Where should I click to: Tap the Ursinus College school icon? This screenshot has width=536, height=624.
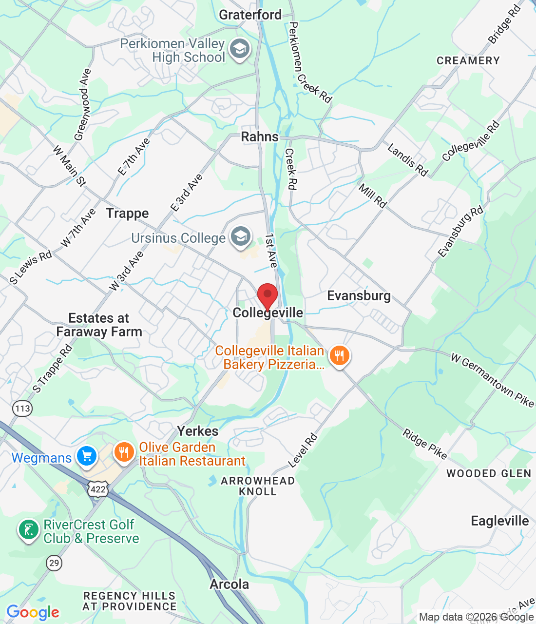pyautogui.click(x=241, y=237)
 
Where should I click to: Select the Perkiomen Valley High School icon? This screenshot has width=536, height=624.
pyautogui.click(x=240, y=49)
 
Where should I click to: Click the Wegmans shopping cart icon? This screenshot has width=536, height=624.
pyautogui.click(x=87, y=457)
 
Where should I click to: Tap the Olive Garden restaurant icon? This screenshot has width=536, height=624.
pyautogui.click(x=124, y=452)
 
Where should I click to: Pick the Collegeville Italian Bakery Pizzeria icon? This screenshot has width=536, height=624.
pyautogui.click(x=340, y=356)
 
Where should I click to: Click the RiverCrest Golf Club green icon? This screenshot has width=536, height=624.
pyautogui.click(x=29, y=530)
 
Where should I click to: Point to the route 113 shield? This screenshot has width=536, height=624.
pyautogui.click(x=22, y=409)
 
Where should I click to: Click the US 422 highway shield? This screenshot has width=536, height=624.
pyautogui.click(x=98, y=489)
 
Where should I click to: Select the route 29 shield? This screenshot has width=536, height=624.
pyautogui.click(x=54, y=563)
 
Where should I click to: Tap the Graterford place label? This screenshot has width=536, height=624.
pyautogui.click(x=250, y=15)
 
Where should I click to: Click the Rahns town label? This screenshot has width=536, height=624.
pyautogui.click(x=260, y=136)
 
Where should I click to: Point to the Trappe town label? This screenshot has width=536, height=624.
pyautogui.click(x=128, y=214)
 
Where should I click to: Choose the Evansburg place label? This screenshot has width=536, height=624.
pyautogui.click(x=359, y=296)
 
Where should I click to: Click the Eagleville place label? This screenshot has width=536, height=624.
pyautogui.click(x=499, y=521)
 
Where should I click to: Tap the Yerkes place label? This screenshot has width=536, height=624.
pyautogui.click(x=198, y=431)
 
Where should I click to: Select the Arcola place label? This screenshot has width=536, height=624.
pyautogui.click(x=229, y=584)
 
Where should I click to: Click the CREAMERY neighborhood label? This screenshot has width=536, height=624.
pyautogui.click(x=468, y=60)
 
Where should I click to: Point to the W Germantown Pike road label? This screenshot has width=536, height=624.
pyautogui.click(x=492, y=380)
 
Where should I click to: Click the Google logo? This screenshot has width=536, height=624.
pyautogui.click(x=33, y=612)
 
